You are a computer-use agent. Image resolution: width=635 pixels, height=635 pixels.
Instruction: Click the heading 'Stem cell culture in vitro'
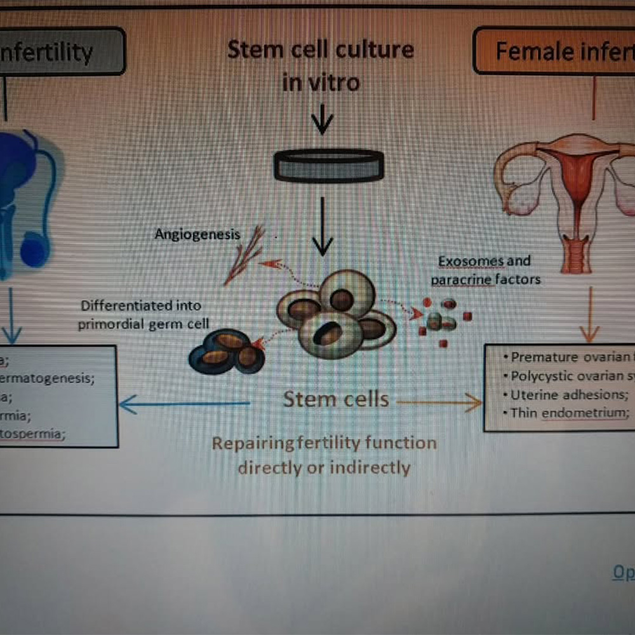(x=321, y=65)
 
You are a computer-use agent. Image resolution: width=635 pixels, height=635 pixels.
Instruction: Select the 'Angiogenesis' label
(x=197, y=234)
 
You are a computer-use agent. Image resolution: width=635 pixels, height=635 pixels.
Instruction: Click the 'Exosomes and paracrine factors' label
(x=485, y=270)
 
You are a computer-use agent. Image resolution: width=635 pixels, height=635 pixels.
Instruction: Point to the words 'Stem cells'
(x=336, y=399)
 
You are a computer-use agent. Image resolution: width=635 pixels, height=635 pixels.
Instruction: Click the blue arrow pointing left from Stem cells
(x=184, y=403)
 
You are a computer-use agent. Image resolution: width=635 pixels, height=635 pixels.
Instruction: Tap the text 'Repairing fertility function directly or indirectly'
(x=324, y=455)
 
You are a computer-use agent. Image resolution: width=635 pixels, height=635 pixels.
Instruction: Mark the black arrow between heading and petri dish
(x=323, y=119)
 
